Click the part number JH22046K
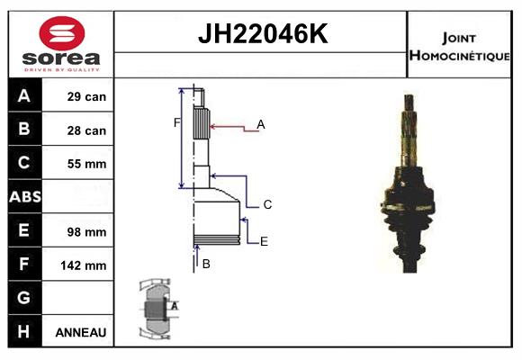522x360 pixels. [263, 33]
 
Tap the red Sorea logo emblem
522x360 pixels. [62, 33]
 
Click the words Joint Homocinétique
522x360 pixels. [459, 47]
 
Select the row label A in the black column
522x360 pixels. [24, 96]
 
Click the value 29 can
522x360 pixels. [86, 96]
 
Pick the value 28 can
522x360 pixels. [86, 130]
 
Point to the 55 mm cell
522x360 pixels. [86, 164]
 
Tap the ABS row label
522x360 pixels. [25, 197]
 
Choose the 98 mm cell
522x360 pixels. [86, 232]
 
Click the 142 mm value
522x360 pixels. [83, 265]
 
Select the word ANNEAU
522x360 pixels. [81, 332]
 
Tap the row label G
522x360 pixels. [23, 297]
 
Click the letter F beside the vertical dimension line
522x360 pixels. [176, 123]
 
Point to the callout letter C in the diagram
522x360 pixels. [267, 204]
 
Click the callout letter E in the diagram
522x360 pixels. [264, 241]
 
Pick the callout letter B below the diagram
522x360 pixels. [206, 264]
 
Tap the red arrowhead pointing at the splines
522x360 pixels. [212, 127]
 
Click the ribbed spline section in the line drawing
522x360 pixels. [202, 123]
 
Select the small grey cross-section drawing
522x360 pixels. [158, 309]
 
